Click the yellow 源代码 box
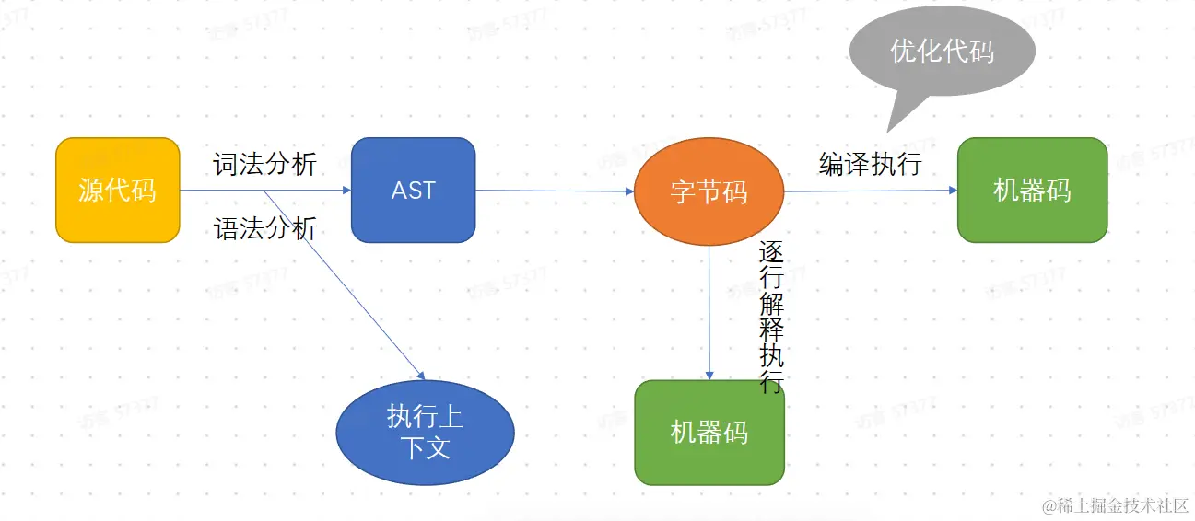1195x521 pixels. pyautogui.click(x=117, y=190)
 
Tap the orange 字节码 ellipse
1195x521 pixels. pyautogui.click(x=709, y=191)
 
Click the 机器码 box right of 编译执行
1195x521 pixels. pyautogui.click(x=1032, y=190)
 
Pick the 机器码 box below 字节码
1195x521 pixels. pyautogui.click(x=709, y=432)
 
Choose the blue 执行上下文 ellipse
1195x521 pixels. pyautogui.click(x=425, y=433)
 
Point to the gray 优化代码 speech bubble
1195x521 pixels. pyautogui.click(x=942, y=51)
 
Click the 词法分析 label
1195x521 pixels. pyautogui.click(x=265, y=165)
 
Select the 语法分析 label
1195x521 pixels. pyautogui.click(x=265, y=228)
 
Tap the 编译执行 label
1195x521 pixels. pyautogui.click(x=871, y=164)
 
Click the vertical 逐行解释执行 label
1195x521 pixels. pyautogui.click(x=771, y=318)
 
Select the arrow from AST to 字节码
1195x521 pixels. pyautogui.click(x=553, y=191)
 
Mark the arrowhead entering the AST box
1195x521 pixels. pyautogui.click(x=346, y=191)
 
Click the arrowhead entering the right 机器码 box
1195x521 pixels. pyautogui.click(x=953, y=190)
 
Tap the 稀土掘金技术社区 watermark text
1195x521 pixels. pyautogui.click(x=1116, y=505)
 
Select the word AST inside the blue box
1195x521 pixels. pyautogui.click(x=413, y=191)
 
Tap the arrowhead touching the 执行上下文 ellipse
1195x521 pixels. pyautogui.click(x=421, y=376)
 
